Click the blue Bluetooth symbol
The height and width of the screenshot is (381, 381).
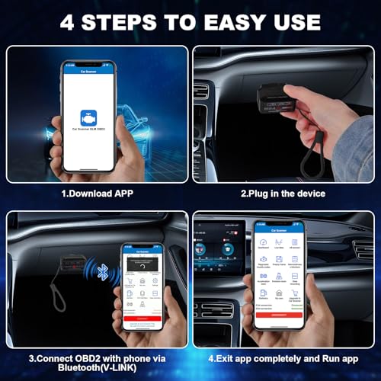[x=104, y=272]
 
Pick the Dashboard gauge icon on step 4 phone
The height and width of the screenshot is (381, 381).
[x=263, y=238]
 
